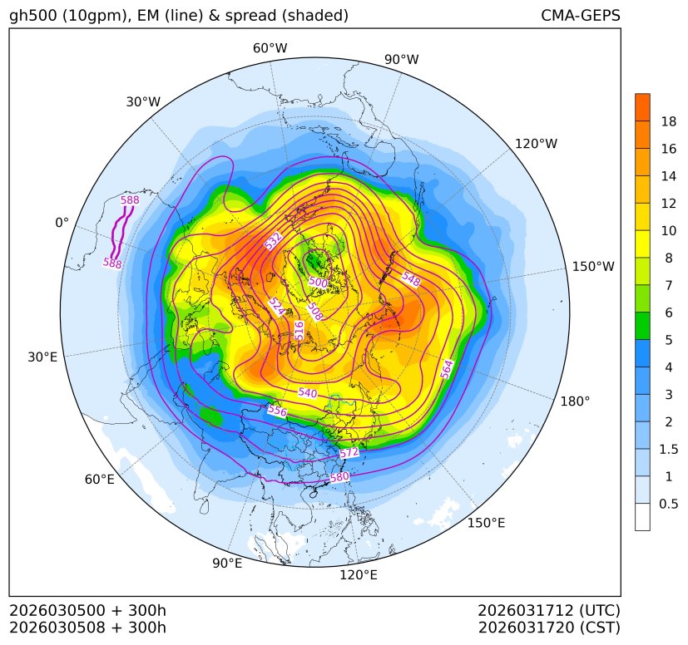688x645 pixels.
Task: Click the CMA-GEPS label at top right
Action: (x=580, y=16)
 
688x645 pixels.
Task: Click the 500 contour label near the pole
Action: (x=318, y=283)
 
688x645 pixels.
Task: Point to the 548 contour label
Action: (x=411, y=278)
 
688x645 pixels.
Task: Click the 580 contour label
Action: (x=339, y=478)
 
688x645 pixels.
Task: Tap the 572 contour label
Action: (x=349, y=452)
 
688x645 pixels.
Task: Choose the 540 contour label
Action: (x=307, y=392)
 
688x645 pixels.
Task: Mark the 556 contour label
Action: (x=277, y=411)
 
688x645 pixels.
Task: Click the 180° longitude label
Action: (x=575, y=401)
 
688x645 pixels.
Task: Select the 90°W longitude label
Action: (x=402, y=60)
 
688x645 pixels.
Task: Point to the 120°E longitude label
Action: (x=359, y=574)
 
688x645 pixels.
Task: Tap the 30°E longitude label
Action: (x=42, y=357)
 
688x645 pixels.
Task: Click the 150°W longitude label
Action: (x=593, y=267)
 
